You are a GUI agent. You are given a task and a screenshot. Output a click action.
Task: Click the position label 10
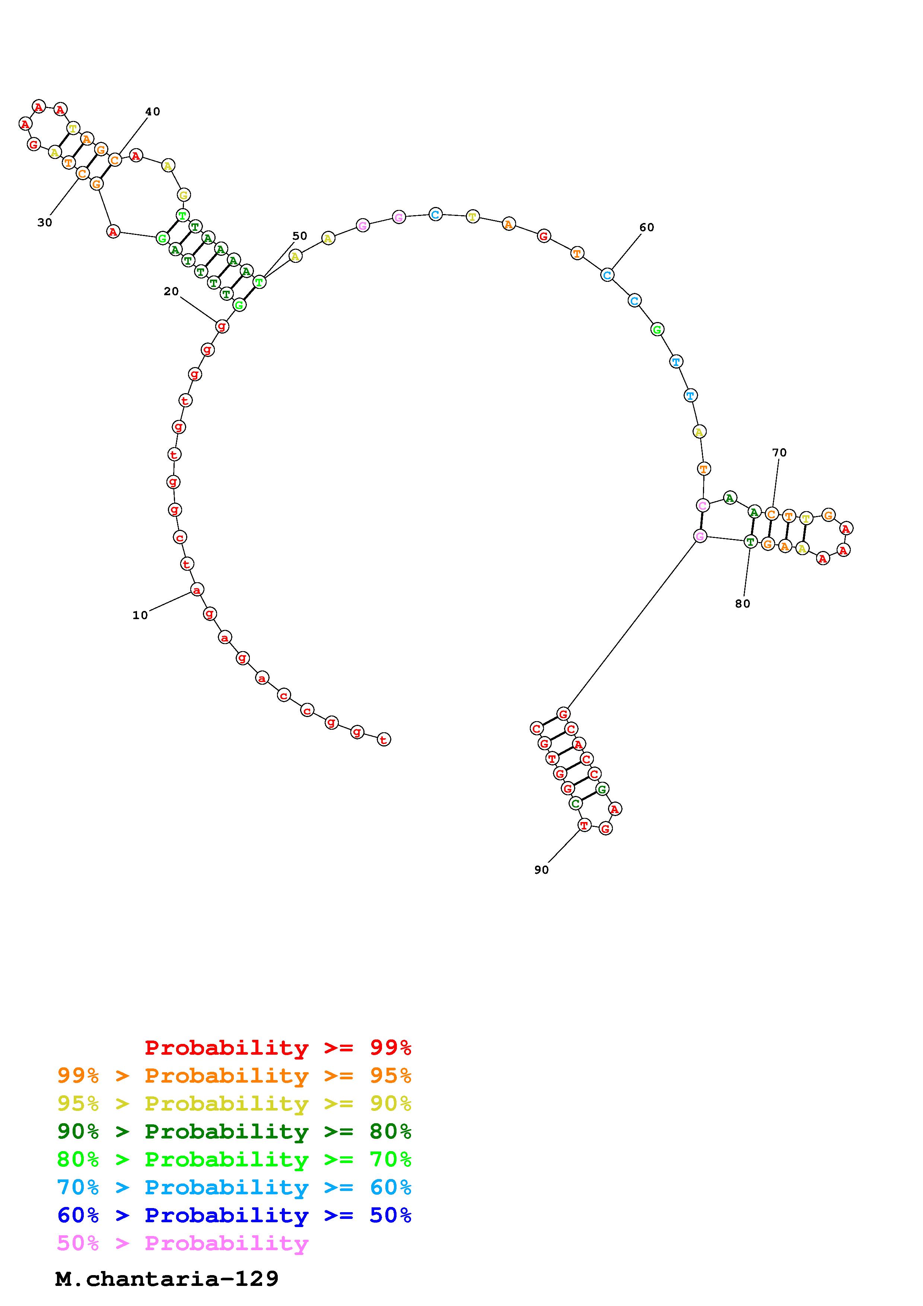(x=140, y=615)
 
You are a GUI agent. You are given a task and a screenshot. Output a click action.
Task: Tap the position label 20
(x=171, y=291)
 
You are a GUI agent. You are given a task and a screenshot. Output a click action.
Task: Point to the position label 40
(x=152, y=111)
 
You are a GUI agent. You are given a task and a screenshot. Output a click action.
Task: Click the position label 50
(x=300, y=236)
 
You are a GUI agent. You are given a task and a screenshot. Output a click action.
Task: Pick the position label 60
(x=647, y=227)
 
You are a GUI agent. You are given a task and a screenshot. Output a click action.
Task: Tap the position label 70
(x=779, y=452)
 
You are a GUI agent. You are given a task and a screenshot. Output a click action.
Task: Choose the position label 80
(x=743, y=603)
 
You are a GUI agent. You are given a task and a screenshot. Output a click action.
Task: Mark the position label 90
(x=541, y=870)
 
